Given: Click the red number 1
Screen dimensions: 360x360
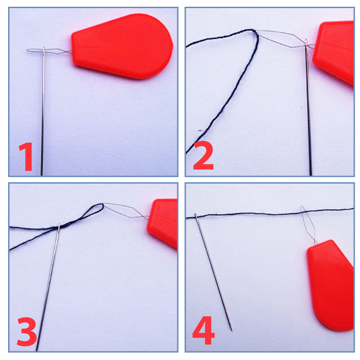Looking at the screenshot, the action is [26, 157].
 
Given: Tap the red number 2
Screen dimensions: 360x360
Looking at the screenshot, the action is [203, 155].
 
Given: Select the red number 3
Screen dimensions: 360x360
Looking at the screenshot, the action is [27, 332].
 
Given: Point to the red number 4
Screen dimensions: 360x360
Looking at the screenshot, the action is [203, 330].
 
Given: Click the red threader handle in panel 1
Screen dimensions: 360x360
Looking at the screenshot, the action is [122, 46].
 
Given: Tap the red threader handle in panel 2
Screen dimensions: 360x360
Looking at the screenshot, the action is [334, 52].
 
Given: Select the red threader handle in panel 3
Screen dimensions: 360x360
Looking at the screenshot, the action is [162, 223].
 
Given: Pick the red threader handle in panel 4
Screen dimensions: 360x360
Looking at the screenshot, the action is [331, 285].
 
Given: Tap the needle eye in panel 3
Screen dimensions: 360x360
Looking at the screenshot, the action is [59, 227].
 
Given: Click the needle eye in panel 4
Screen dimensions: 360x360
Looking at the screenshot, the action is [196, 216].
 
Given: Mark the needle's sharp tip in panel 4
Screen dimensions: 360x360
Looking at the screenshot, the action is [232, 331].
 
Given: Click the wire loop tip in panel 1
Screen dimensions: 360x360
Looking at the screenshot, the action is [27, 50].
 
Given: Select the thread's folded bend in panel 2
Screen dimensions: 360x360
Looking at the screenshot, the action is [254, 31].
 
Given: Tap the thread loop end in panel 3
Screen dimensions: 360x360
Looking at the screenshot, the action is [102, 205].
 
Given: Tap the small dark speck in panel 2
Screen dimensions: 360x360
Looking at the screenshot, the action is [200, 130].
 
